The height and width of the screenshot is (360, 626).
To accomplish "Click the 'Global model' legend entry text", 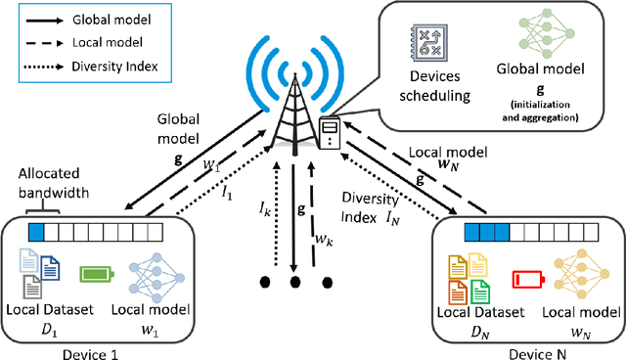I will [x=100, y=20].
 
